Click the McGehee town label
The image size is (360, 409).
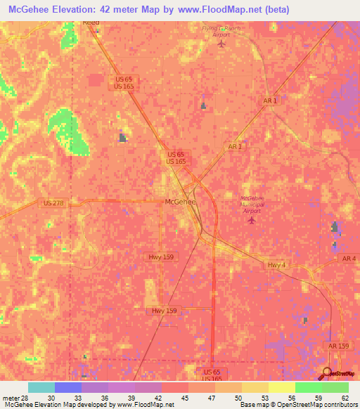pos(179,202)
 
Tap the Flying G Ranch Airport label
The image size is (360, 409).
pos(221,31)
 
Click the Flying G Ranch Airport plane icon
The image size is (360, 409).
pos(222,44)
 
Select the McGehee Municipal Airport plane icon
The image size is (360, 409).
pos(252,221)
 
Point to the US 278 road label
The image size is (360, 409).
pos(53,203)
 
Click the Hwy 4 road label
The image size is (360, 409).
pos(277,264)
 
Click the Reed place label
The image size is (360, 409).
pos(91,22)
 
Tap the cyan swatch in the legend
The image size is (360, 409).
pos(41,387)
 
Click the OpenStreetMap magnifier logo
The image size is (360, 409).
pos(328,373)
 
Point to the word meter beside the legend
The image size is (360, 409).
pos(9,397)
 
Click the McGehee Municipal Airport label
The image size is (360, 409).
pos(256,203)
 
